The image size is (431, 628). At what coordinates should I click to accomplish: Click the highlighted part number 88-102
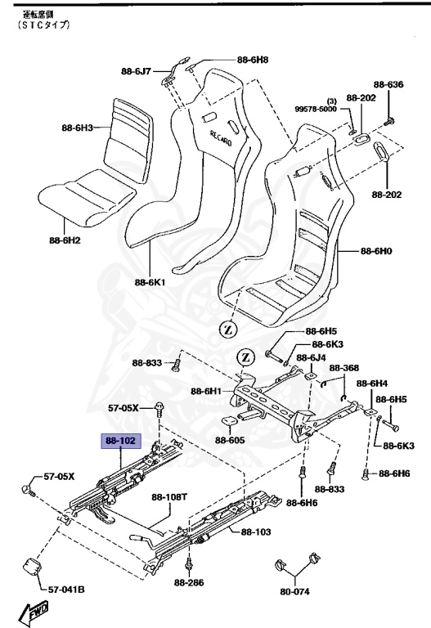click(120, 441)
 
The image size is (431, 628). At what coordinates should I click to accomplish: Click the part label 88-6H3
click(77, 128)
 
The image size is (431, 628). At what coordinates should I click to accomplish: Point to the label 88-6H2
click(65, 240)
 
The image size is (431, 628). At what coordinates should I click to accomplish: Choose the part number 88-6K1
click(150, 282)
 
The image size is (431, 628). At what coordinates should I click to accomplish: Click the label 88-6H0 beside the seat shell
click(378, 251)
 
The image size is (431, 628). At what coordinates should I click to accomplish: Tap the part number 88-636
click(389, 85)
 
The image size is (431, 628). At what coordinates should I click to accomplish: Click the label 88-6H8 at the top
click(253, 60)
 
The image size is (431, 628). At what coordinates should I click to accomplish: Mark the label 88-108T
click(169, 496)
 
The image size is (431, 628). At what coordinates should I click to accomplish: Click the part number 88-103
click(256, 532)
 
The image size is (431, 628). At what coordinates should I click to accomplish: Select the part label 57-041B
click(66, 589)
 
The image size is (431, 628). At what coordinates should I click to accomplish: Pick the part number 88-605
click(231, 440)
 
